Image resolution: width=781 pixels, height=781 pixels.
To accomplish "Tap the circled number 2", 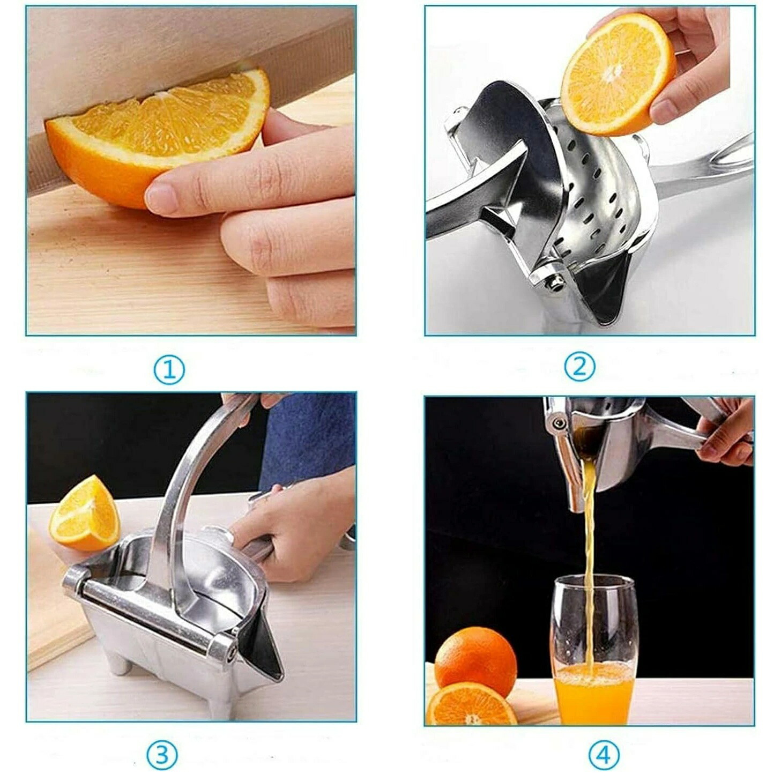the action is [x=579, y=367].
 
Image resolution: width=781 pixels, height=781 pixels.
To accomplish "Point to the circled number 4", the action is [x=605, y=742].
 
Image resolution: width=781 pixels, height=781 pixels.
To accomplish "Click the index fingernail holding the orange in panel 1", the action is [x=162, y=198].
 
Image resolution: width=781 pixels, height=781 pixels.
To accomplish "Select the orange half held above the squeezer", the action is [x=618, y=75].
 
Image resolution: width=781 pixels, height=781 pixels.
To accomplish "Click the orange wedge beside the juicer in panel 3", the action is [x=85, y=514].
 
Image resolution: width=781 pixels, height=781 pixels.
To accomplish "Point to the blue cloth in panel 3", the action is [x=308, y=442].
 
